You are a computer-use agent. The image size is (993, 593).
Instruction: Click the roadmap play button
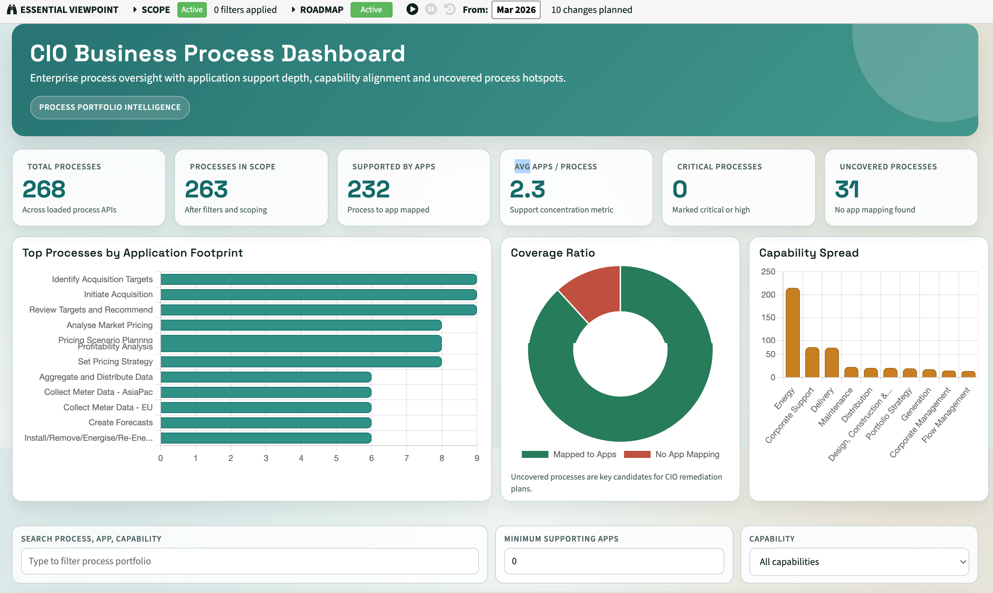pos(412,9)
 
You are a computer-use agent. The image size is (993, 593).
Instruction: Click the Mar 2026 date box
pos(516,9)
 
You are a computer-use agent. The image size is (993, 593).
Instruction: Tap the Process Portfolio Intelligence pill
pos(110,107)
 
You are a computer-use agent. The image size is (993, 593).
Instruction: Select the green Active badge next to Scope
pos(192,9)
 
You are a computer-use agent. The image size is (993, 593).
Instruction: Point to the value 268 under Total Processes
pos(44,189)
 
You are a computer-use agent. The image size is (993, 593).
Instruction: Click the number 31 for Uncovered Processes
pos(846,189)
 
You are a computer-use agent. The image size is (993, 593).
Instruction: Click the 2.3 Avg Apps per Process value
pos(527,189)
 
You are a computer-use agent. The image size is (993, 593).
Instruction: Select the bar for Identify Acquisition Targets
pos(319,279)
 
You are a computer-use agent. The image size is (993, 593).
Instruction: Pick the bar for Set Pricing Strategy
pos(301,362)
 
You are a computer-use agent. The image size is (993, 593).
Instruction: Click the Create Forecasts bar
pos(266,423)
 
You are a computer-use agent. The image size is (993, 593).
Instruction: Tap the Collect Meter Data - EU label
pos(108,407)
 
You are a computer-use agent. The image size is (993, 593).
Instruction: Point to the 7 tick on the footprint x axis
pos(407,458)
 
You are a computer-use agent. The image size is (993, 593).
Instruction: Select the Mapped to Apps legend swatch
pos(535,454)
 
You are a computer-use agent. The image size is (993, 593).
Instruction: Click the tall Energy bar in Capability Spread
pos(793,333)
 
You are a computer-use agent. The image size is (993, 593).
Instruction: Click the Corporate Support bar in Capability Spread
pos(812,362)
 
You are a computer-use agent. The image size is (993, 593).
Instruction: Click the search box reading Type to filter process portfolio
pos(250,561)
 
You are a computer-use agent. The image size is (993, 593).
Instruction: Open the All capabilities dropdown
pos(859,561)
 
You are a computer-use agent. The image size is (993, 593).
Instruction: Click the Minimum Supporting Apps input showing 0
pos(614,561)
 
